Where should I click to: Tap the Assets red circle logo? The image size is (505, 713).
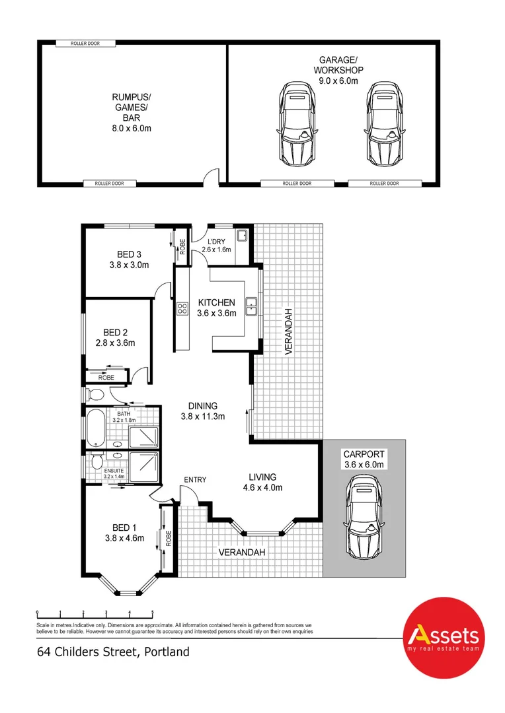[x=444, y=637]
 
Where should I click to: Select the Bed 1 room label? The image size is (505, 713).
[x=124, y=533]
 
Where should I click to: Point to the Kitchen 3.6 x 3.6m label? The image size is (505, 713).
[x=216, y=308]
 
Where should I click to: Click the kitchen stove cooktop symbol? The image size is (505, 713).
[x=182, y=308]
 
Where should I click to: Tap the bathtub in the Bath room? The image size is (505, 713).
[x=94, y=428]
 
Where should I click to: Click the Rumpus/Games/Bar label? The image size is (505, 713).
[x=130, y=113]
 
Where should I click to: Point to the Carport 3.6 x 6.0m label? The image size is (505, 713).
[x=364, y=459]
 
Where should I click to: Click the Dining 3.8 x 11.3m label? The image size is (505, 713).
[x=203, y=411]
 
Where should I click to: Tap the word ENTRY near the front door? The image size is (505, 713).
[x=196, y=480]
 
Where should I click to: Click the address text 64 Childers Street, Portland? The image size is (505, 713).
[x=113, y=652]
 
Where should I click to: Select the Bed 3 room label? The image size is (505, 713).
[x=129, y=259]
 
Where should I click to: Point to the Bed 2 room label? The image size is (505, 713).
[x=115, y=337]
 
